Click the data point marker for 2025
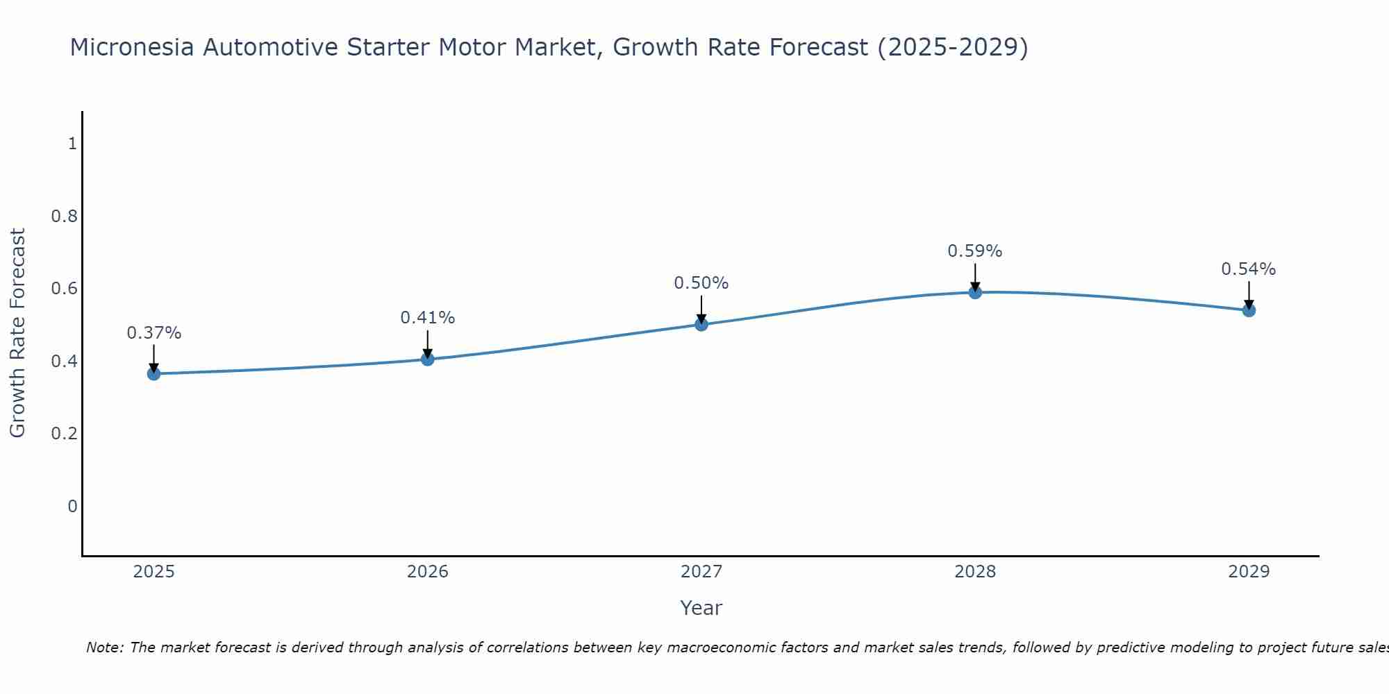[x=153, y=373]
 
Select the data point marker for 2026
[x=427, y=359]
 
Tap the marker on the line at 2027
[x=701, y=324]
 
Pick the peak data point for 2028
[x=974, y=292]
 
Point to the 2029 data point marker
[x=1248, y=310]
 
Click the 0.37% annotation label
[x=153, y=333]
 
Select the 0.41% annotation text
[x=427, y=318]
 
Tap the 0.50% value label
[x=701, y=283]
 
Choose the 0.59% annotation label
[x=974, y=251]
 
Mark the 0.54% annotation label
[x=1248, y=269]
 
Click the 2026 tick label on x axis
[x=427, y=572]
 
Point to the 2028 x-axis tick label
[x=974, y=572]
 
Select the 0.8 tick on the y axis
[x=64, y=217]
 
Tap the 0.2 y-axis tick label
[x=64, y=434]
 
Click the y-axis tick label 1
[x=72, y=144]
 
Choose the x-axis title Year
[x=701, y=608]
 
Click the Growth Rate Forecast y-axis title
[x=17, y=333]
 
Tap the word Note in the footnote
[x=104, y=648]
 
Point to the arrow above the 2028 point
[x=974, y=278]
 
